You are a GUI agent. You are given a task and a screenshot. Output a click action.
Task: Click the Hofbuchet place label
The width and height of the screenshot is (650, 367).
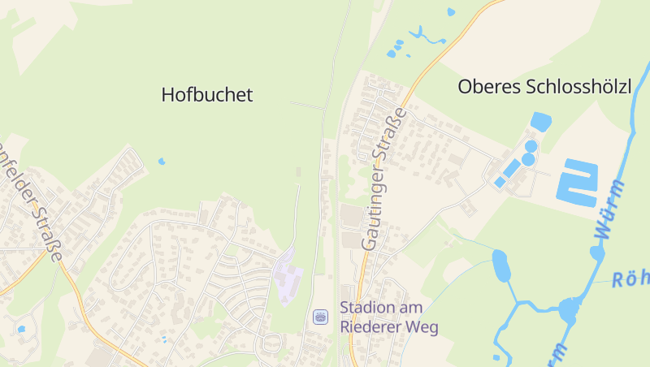(x=207, y=95)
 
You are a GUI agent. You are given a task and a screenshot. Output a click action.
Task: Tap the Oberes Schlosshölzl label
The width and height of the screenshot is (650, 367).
(x=544, y=86)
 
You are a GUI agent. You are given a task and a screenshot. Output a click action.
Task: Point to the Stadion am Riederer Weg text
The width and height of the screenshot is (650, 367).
(x=388, y=317)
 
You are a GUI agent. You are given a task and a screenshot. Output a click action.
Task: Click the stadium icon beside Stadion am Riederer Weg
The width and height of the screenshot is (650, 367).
(x=320, y=317)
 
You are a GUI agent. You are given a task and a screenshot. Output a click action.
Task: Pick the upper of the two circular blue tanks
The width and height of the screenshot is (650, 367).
(x=531, y=146)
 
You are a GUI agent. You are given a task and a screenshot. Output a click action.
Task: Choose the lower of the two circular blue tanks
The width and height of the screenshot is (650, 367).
(x=528, y=159)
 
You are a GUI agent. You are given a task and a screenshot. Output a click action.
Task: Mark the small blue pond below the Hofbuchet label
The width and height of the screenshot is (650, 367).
(x=162, y=162)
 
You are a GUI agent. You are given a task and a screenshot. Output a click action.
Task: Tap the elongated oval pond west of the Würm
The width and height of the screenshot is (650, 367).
(x=500, y=266)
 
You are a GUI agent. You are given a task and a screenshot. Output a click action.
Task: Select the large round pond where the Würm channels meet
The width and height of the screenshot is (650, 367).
(x=570, y=309)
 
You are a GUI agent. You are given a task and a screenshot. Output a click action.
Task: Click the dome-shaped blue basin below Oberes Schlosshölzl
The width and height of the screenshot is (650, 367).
(x=540, y=122)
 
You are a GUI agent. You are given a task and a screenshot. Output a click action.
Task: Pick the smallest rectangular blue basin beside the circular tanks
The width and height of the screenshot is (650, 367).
(x=499, y=183)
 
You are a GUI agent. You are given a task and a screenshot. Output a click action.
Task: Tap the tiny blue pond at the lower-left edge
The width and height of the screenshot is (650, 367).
(x=21, y=329)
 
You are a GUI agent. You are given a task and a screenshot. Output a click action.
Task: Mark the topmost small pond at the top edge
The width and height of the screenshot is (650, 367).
(x=451, y=11)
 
